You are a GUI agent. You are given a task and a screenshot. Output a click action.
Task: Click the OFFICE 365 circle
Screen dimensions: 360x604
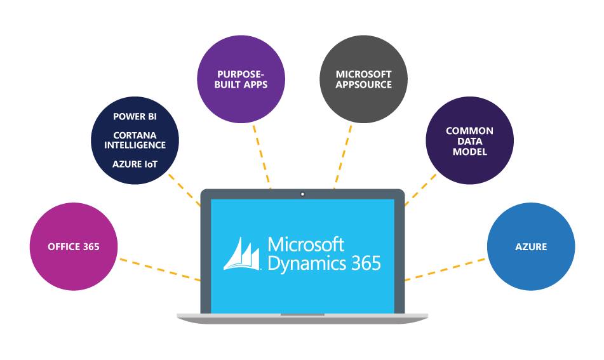[74, 246]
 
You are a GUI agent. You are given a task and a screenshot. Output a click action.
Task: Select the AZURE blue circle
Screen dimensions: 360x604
[531, 246]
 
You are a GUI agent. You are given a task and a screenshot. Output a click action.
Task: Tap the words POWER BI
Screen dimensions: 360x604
[135, 117]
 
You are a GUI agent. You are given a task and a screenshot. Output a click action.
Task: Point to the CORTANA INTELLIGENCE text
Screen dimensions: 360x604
[135, 140]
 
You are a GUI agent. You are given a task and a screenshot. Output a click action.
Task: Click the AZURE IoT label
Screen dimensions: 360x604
[135, 164]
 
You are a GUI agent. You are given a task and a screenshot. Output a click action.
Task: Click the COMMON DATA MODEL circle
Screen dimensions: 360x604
[469, 141]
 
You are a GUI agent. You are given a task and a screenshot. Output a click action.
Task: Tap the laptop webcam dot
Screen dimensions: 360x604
[302, 194]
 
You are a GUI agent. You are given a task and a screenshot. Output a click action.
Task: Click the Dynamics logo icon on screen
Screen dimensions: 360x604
[243, 254]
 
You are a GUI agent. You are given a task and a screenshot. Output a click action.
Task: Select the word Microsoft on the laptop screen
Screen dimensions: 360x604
[305, 244]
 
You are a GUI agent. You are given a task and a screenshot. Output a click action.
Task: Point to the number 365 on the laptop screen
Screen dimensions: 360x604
[366, 262]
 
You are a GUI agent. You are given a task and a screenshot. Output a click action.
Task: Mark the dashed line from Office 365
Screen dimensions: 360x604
[159, 269]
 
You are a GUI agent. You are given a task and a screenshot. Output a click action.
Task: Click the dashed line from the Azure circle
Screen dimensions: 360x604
[445, 269]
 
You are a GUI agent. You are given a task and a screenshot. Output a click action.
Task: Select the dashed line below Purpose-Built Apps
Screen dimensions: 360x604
[262, 156]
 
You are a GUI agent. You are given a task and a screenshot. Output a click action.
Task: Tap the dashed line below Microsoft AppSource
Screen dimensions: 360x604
[343, 156]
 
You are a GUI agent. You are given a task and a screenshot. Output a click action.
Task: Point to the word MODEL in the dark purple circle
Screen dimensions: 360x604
[469, 152]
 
